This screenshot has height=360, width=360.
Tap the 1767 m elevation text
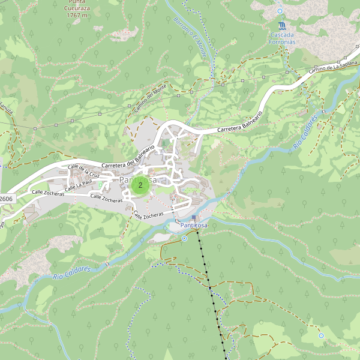click(77, 15)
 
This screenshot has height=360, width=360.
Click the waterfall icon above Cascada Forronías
click(281, 26)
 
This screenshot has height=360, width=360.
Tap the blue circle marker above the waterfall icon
click(280, 11)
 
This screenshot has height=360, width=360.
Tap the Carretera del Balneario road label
click(128, 157)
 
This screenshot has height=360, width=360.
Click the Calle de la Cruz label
click(83, 172)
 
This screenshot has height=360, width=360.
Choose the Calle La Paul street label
click(79, 185)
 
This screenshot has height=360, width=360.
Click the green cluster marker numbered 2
click(140, 185)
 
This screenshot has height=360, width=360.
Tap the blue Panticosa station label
click(194, 225)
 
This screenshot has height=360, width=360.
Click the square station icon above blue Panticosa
click(194, 217)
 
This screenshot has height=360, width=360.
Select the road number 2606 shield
click(6, 199)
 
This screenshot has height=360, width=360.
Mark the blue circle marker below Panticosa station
click(185, 238)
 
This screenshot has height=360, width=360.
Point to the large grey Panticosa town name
click(138, 180)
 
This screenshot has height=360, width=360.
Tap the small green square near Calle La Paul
click(100, 185)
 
